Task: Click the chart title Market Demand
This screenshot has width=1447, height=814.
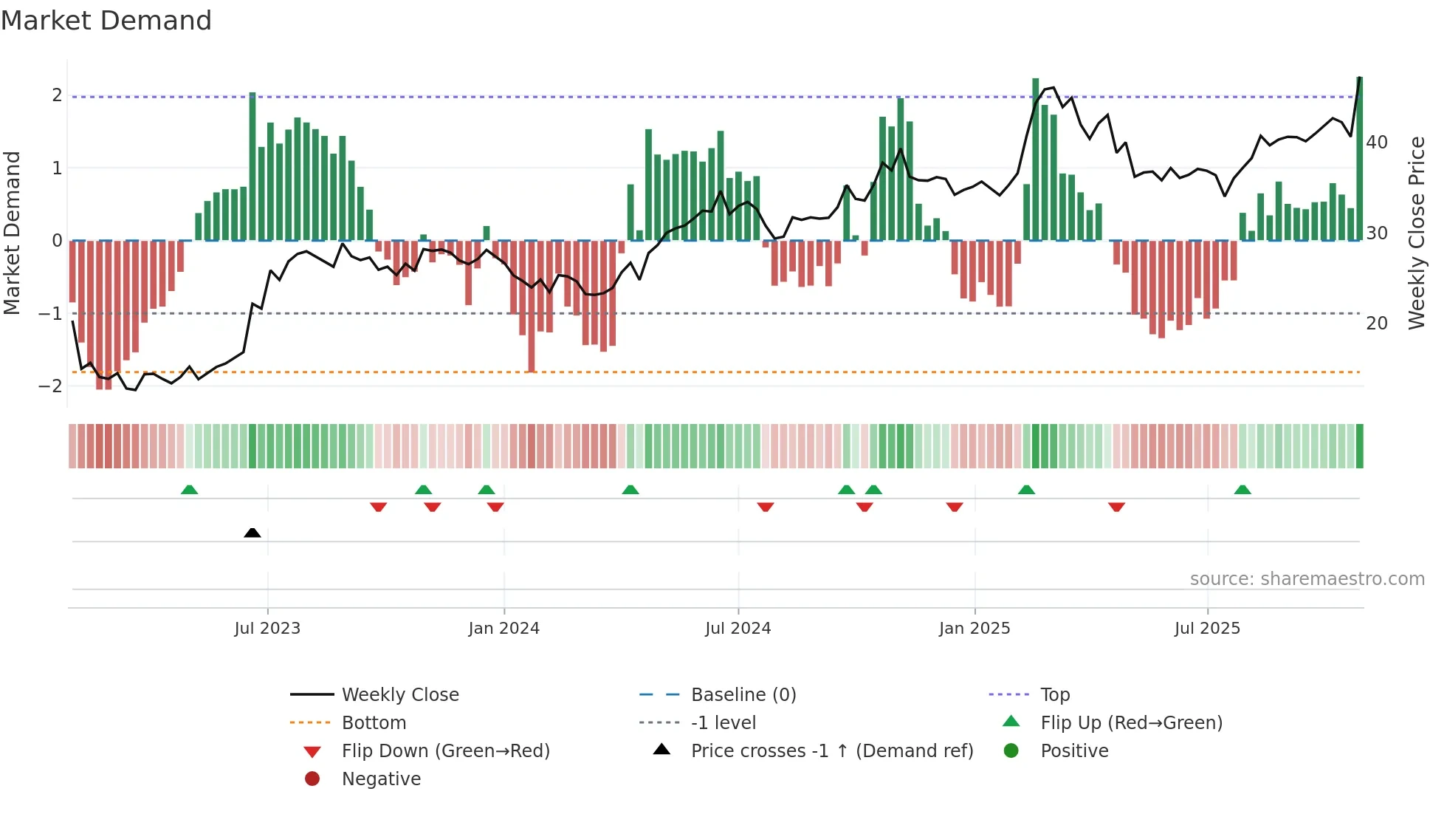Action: click(106, 21)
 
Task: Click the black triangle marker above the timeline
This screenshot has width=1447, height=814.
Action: click(252, 533)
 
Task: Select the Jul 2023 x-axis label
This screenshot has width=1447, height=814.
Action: click(267, 629)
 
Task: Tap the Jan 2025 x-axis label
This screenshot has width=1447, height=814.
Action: click(975, 629)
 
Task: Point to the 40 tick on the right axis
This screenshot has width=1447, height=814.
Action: click(1377, 143)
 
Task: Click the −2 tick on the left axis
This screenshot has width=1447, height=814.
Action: click(51, 386)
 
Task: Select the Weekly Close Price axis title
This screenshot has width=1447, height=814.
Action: click(1416, 233)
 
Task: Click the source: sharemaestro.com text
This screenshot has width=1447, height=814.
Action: click(1307, 579)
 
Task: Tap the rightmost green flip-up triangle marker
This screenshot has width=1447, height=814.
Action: click(1243, 490)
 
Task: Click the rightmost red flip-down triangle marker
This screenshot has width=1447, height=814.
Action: click(1116, 507)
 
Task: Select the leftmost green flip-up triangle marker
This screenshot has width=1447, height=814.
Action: click(190, 490)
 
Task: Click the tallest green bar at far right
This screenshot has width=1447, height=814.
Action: click(1360, 159)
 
